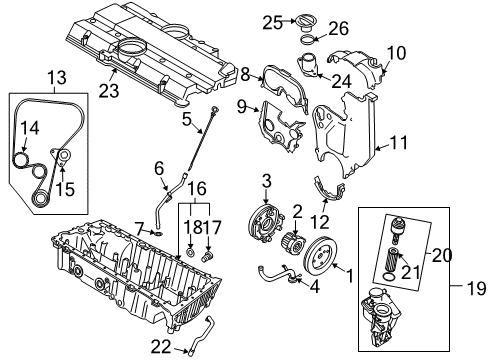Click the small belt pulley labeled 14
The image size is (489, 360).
[19, 159]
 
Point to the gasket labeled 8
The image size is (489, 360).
[271, 76]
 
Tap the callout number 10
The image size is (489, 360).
[396, 51]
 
